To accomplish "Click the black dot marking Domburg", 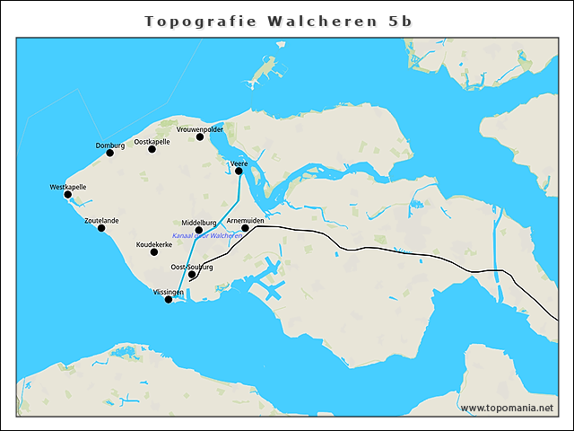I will coord(110,153).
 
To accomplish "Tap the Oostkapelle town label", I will coord(152,142).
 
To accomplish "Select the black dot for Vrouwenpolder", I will coord(200,137).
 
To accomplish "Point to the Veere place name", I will coord(239,163).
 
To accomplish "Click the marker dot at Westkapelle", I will coord(68,194).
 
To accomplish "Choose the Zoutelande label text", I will coord(101,220).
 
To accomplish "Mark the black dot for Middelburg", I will coord(199,230).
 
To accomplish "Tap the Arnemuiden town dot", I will coord(245,228).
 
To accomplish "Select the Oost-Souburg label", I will coord(192,267).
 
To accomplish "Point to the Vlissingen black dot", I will coord(169,300).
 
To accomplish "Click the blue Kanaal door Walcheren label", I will coord(214,236).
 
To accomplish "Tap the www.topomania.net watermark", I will coord(507,409).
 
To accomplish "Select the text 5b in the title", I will coord(400,22).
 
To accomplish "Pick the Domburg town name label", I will coord(110,145).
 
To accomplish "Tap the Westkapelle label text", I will coord(68,187).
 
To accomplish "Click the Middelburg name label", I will coord(199,223).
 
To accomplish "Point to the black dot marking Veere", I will coord(239,171).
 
